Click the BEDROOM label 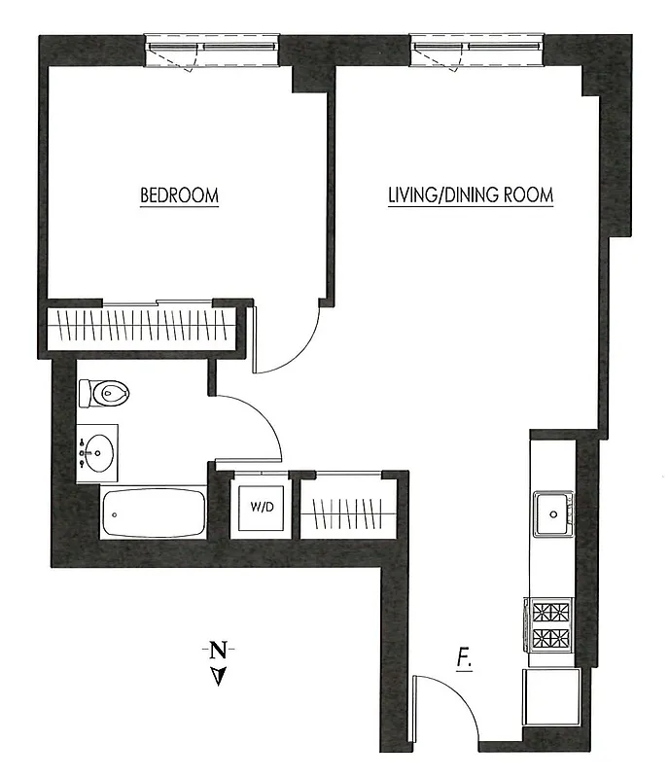(x=180, y=195)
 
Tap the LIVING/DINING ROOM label (x=471, y=195)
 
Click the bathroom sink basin (x=98, y=451)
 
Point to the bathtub (x=154, y=512)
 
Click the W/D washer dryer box (x=260, y=507)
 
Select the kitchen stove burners (x=549, y=625)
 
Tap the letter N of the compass (x=220, y=649)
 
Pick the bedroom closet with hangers (x=141, y=324)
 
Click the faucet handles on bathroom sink (x=82, y=451)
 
